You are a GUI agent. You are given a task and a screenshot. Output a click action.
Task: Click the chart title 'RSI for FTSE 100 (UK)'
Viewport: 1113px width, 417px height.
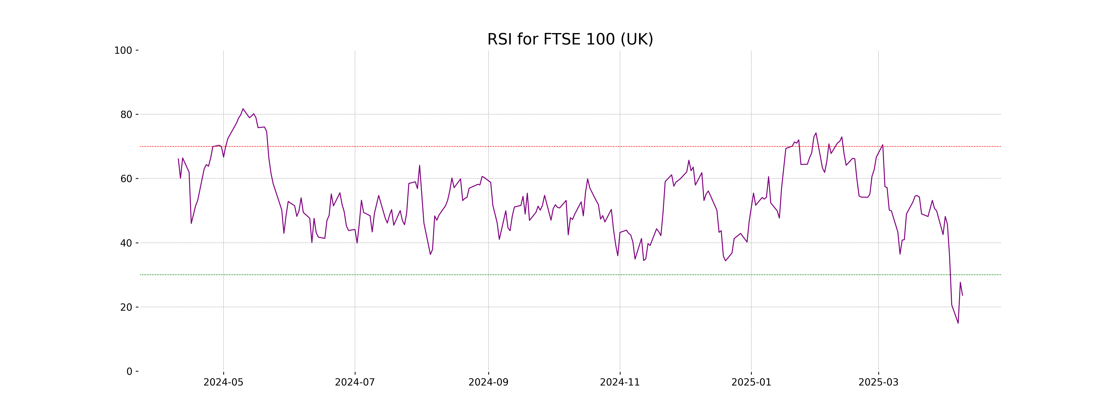pos(570,39)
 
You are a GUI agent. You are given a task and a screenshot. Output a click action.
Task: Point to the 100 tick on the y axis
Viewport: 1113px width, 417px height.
pos(123,51)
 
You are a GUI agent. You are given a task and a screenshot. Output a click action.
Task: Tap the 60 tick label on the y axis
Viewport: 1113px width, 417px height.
pos(126,179)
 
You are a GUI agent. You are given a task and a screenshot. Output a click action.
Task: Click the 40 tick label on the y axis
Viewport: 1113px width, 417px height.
pos(126,243)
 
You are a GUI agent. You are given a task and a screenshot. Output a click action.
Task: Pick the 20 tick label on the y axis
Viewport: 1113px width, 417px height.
pos(126,307)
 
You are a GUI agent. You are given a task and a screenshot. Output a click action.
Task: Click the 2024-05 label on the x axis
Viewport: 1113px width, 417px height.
pos(223,382)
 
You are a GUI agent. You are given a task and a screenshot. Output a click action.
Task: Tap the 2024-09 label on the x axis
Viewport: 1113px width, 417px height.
pos(488,382)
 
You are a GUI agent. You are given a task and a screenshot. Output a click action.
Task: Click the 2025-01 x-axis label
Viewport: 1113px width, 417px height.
pos(751,382)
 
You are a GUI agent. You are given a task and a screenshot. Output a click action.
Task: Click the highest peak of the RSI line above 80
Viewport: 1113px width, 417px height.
pos(243,109)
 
